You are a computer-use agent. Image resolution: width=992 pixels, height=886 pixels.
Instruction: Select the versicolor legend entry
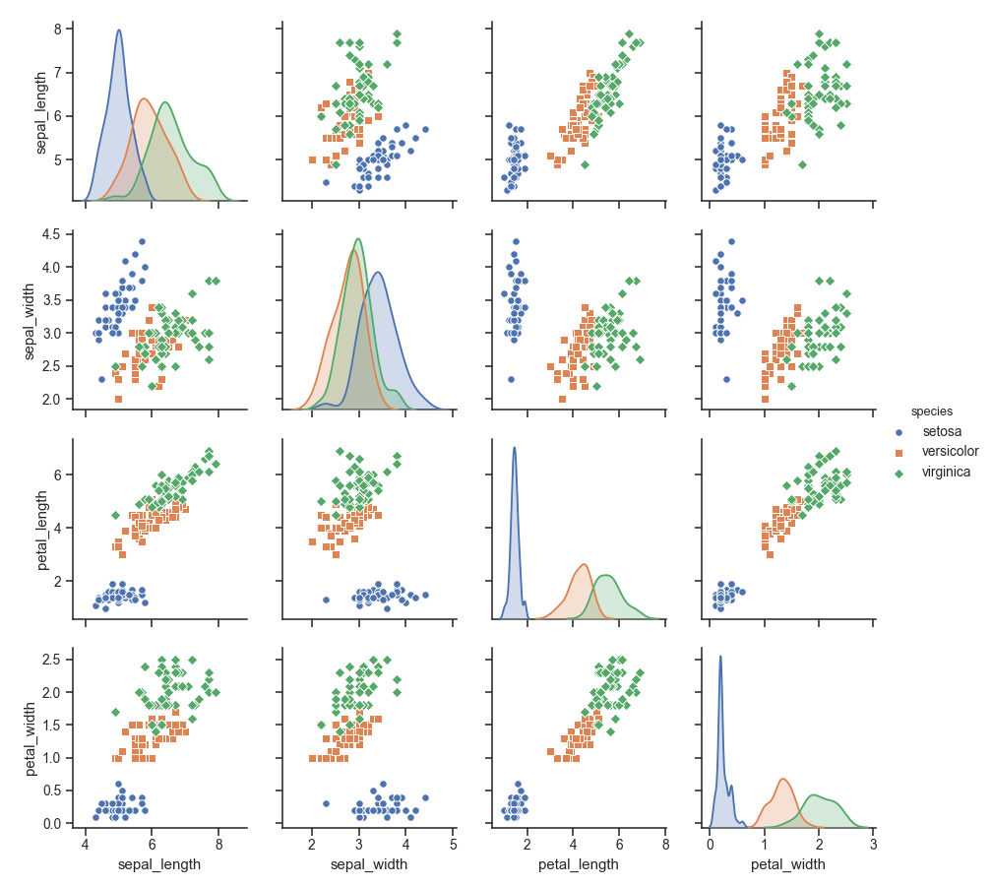click(x=949, y=452)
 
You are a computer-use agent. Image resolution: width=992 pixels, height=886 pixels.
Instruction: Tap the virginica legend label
click(x=945, y=473)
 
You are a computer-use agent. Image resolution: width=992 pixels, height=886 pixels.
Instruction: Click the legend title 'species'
click(x=929, y=411)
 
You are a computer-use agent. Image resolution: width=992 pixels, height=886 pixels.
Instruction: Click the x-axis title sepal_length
click(x=159, y=864)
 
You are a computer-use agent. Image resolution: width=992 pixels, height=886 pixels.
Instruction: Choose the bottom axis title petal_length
click(x=578, y=864)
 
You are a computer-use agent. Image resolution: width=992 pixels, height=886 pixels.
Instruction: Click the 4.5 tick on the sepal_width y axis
click(x=51, y=234)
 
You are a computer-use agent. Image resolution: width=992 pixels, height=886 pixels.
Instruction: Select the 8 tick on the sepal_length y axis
click(x=57, y=29)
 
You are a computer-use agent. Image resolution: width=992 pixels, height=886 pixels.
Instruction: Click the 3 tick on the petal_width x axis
click(x=873, y=844)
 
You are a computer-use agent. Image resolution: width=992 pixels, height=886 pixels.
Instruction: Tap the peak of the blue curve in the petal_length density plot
click(x=514, y=448)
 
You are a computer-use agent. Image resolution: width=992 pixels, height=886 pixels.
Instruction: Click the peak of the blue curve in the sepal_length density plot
click(x=119, y=30)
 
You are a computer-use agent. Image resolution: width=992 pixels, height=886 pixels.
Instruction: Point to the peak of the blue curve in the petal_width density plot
click(x=720, y=657)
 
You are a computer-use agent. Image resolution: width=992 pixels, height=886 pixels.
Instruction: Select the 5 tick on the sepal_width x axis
click(x=453, y=844)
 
